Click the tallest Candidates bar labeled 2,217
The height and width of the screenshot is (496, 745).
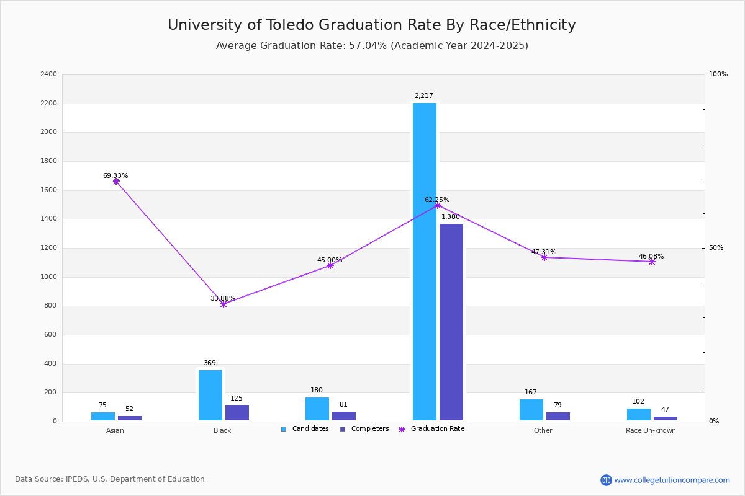(x=425, y=262)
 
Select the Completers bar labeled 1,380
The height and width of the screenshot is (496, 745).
(x=451, y=322)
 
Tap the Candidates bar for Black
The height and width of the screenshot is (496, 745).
(x=210, y=396)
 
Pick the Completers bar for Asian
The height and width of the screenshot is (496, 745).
(x=130, y=418)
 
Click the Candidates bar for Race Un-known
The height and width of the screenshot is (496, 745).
(x=639, y=415)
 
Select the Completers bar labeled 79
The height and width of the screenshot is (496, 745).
(x=558, y=416)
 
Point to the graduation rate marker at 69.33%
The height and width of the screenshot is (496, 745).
(x=116, y=182)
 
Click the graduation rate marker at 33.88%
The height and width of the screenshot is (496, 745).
(x=223, y=304)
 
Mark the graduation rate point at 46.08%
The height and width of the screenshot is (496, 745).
(x=652, y=262)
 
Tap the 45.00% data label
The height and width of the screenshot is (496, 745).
(x=329, y=260)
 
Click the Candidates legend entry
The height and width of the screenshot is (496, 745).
(x=305, y=428)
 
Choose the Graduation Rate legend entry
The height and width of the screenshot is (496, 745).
(x=431, y=428)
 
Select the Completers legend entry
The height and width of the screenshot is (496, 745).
(x=364, y=428)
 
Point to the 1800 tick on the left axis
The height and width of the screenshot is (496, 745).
(x=48, y=161)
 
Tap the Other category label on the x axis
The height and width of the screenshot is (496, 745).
(x=543, y=430)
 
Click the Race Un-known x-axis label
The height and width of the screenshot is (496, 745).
(x=651, y=430)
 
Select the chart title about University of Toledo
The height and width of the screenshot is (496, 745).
(x=371, y=25)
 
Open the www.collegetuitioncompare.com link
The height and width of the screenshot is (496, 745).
(x=672, y=480)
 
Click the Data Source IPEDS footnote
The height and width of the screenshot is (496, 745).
(x=110, y=479)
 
